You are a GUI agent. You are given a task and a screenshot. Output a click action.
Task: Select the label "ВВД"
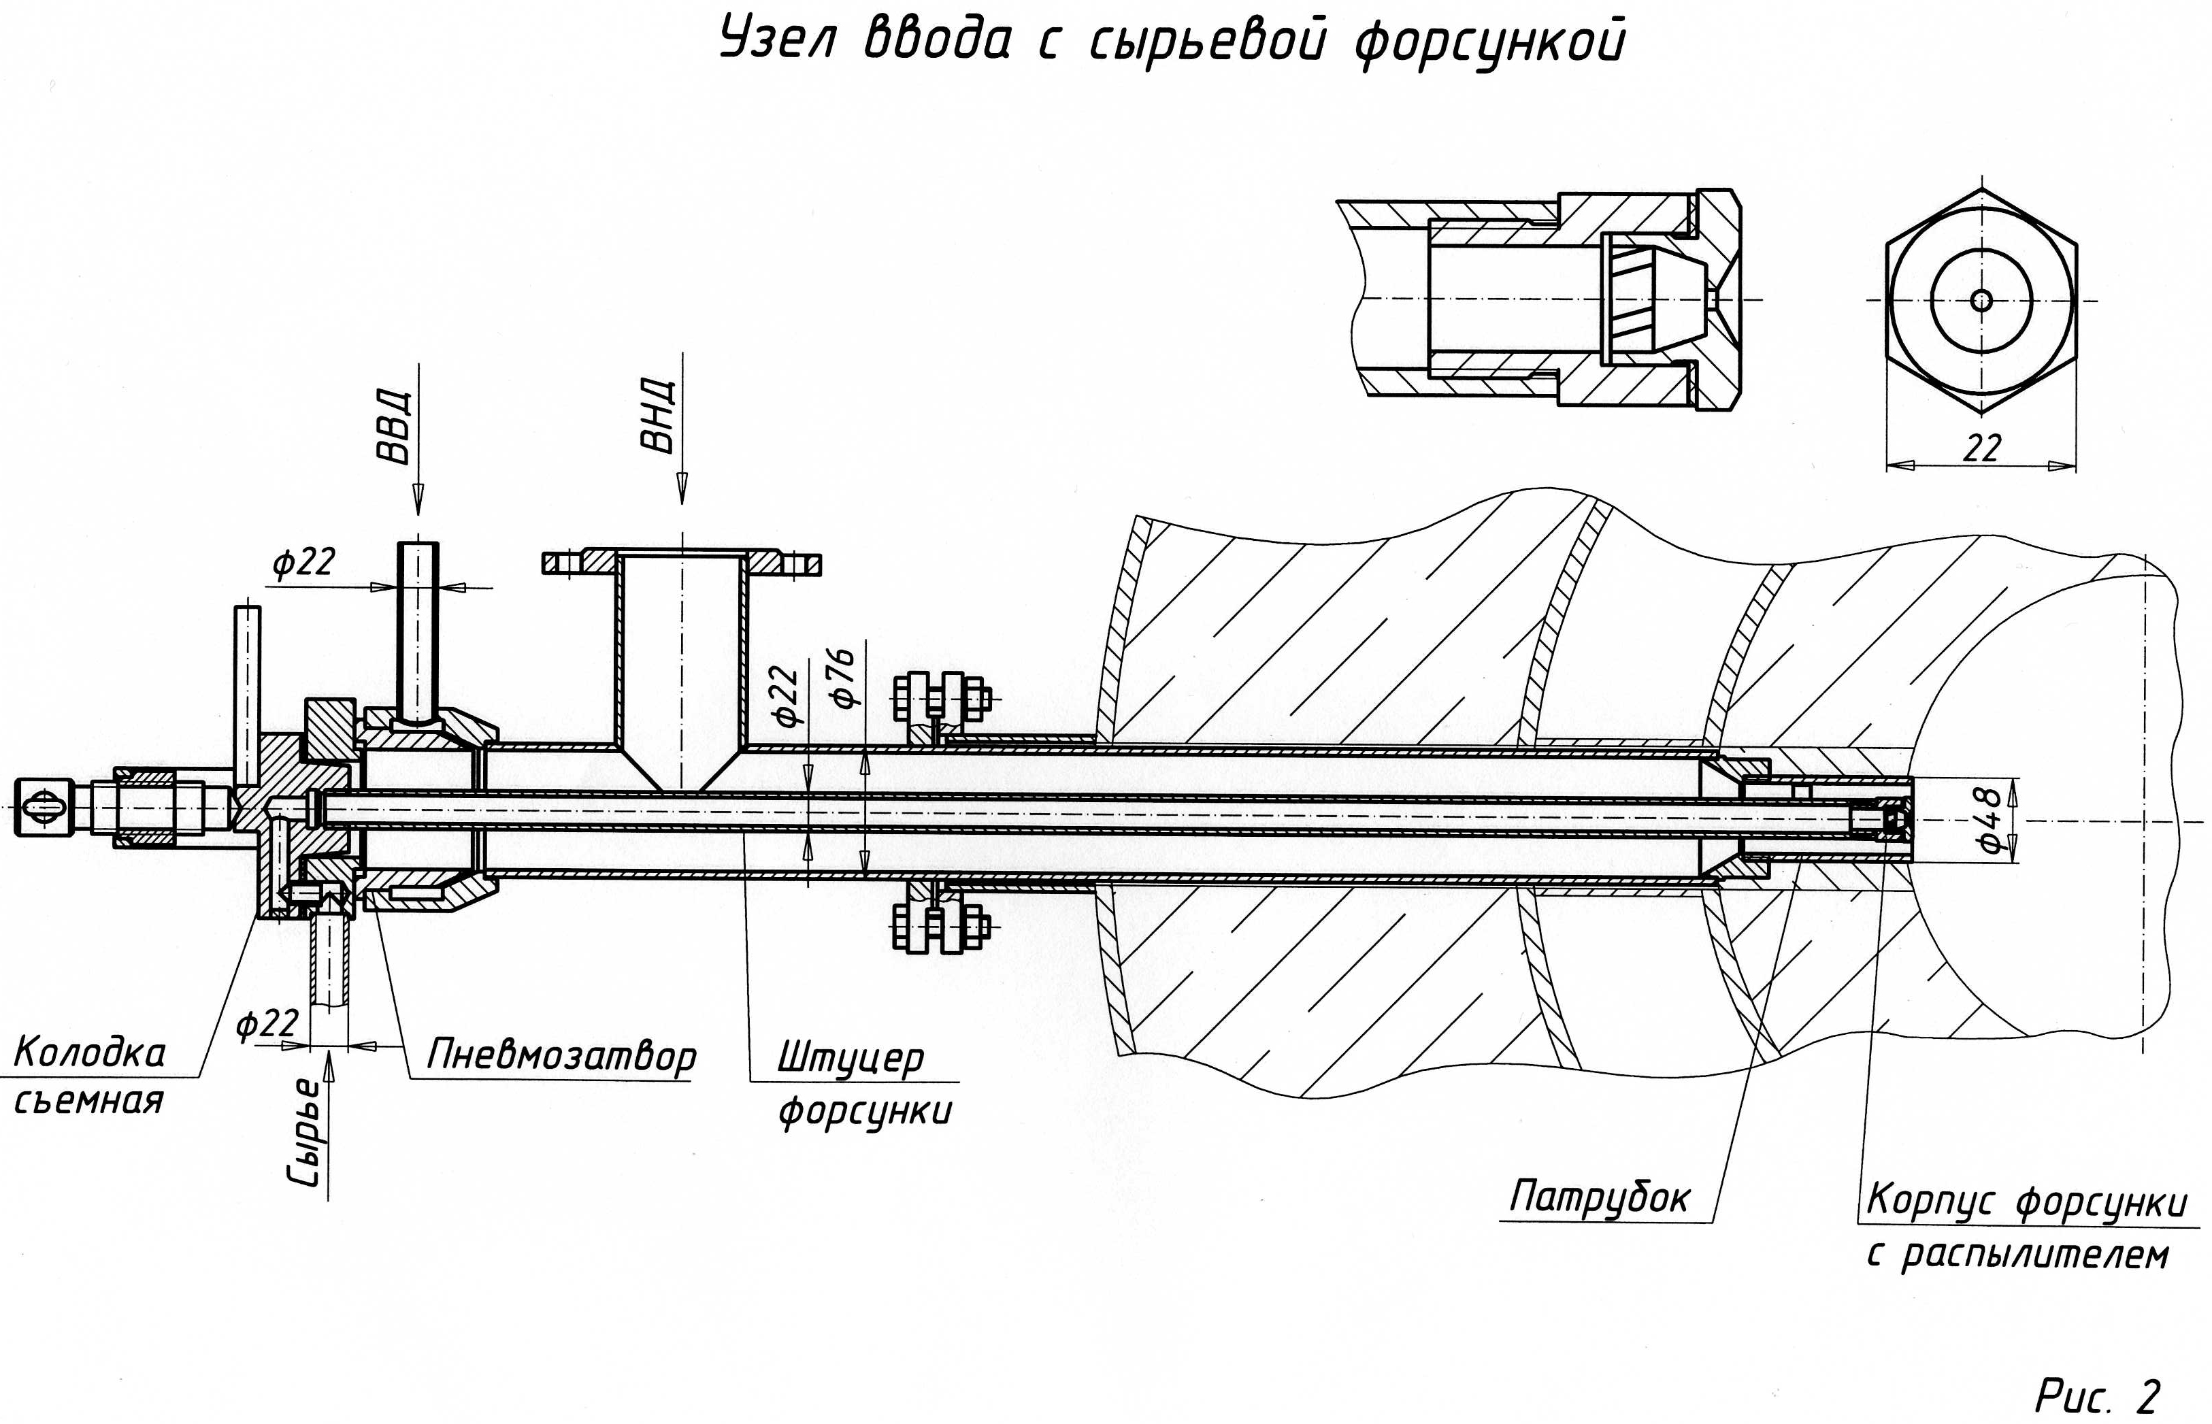[x=393, y=427]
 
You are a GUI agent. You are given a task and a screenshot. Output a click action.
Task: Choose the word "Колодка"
[x=90, y=1053]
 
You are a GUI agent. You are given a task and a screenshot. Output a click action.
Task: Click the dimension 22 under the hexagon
[x=1981, y=448]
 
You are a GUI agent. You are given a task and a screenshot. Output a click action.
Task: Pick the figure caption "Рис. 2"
[x=2097, y=1395]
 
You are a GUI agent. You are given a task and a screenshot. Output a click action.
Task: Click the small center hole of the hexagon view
[x=1981, y=301]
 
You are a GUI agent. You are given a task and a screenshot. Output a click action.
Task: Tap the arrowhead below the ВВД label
[x=418, y=499]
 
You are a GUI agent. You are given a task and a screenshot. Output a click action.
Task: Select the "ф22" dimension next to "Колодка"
[x=267, y=1024]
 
